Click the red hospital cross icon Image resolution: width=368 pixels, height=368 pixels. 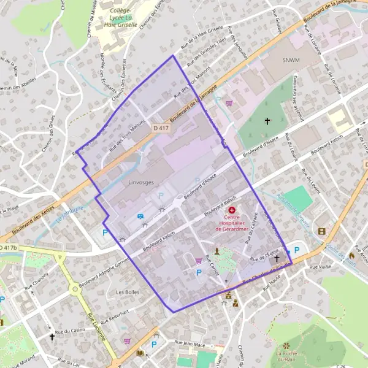click(x=232, y=210)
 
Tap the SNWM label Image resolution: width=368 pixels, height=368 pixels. click(x=291, y=61)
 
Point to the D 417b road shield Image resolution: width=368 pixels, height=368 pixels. click(x=8, y=248)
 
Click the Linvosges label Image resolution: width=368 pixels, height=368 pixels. click(x=125, y=182)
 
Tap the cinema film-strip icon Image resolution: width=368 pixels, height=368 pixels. click(x=322, y=231)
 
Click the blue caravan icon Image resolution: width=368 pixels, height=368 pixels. click(x=140, y=216)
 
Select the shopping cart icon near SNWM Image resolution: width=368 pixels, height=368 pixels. click(x=229, y=104)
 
